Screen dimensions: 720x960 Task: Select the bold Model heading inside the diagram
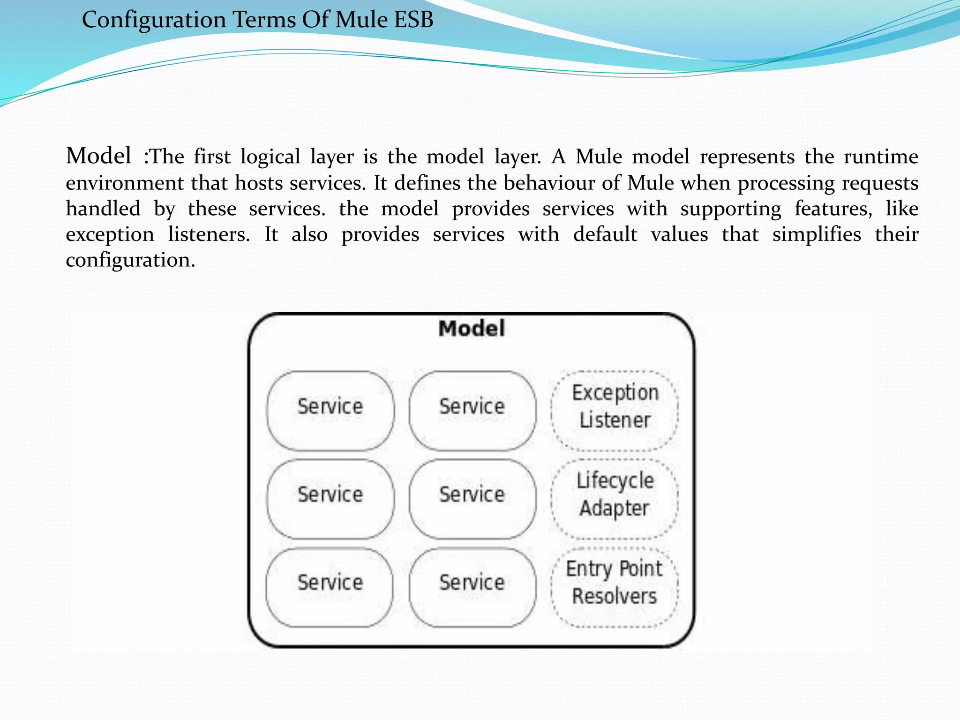pos(472,329)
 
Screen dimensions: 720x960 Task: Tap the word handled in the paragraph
pos(103,209)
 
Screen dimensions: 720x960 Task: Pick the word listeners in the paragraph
pos(209,234)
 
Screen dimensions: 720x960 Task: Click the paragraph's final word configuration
pos(130,261)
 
